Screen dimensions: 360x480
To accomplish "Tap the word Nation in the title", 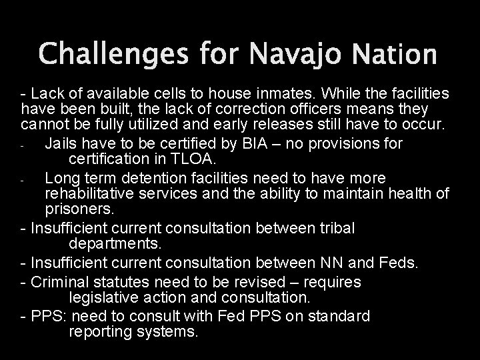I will coord(399,55).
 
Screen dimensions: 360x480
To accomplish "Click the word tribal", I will coord(334,229).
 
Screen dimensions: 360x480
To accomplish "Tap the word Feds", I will coord(398,263).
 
